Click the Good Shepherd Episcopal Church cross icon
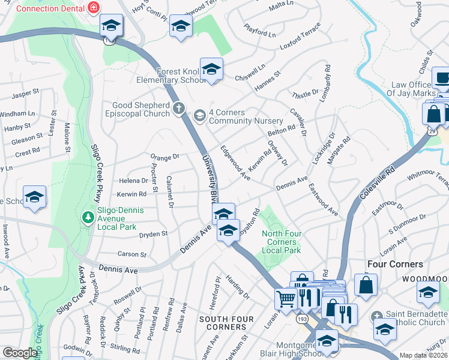click(x=178, y=109)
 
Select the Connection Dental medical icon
click(x=93, y=8)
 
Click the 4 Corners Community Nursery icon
click(x=199, y=114)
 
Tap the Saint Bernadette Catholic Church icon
click(x=376, y=316)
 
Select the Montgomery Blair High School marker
click(x=327, y=341)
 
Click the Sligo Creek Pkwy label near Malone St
click(x=95, y=174)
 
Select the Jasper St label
click(x=25, y=94)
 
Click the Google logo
click(x=20, y=353)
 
